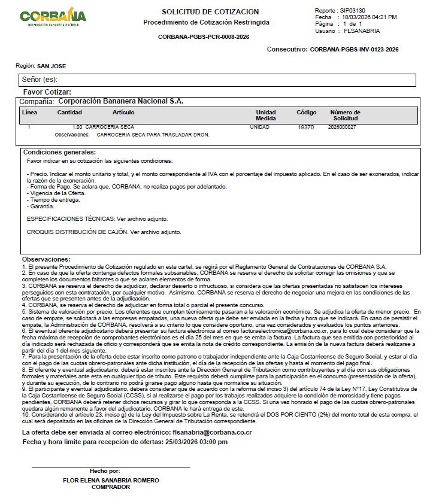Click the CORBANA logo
[53, 17]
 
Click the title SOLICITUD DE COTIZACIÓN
[210, 12]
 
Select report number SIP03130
[352, 11]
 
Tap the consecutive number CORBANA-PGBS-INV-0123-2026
[355, 50]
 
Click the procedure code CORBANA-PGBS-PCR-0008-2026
[204, 37]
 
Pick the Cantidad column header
[69, 113]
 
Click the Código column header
[306, 113]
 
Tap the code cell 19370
[305, 127]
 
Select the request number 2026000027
[342, 127]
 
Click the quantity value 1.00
[77, 127]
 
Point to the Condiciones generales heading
[59, 152]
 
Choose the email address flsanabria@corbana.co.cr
[211, 432]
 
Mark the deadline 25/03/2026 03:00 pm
[196, 442]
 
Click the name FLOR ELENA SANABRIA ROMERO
[111, 480]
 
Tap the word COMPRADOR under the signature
[111, 487]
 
